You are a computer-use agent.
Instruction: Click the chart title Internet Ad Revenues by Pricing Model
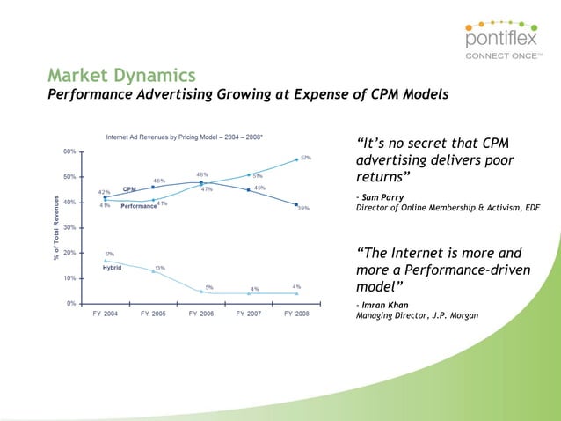point(184,137)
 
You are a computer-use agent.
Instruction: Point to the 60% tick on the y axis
point(69,151)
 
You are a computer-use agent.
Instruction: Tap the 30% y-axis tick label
point(69,227)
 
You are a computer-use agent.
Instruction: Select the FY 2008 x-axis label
point(296,314)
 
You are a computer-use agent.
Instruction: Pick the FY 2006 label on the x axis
point(201,314)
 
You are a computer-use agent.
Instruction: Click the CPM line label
point(128,189)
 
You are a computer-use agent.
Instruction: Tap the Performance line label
point(138,206)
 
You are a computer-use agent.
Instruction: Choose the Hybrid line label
point(112,268)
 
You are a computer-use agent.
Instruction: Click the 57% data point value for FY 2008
point(305,158)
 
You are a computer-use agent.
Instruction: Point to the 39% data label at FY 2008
point(302,209)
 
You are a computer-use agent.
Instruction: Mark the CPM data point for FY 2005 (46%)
point(153,187)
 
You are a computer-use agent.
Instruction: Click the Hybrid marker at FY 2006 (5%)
point(201,291)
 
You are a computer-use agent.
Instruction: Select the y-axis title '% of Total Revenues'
point(55,226)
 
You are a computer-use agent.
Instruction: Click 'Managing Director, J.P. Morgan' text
point(417,316)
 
